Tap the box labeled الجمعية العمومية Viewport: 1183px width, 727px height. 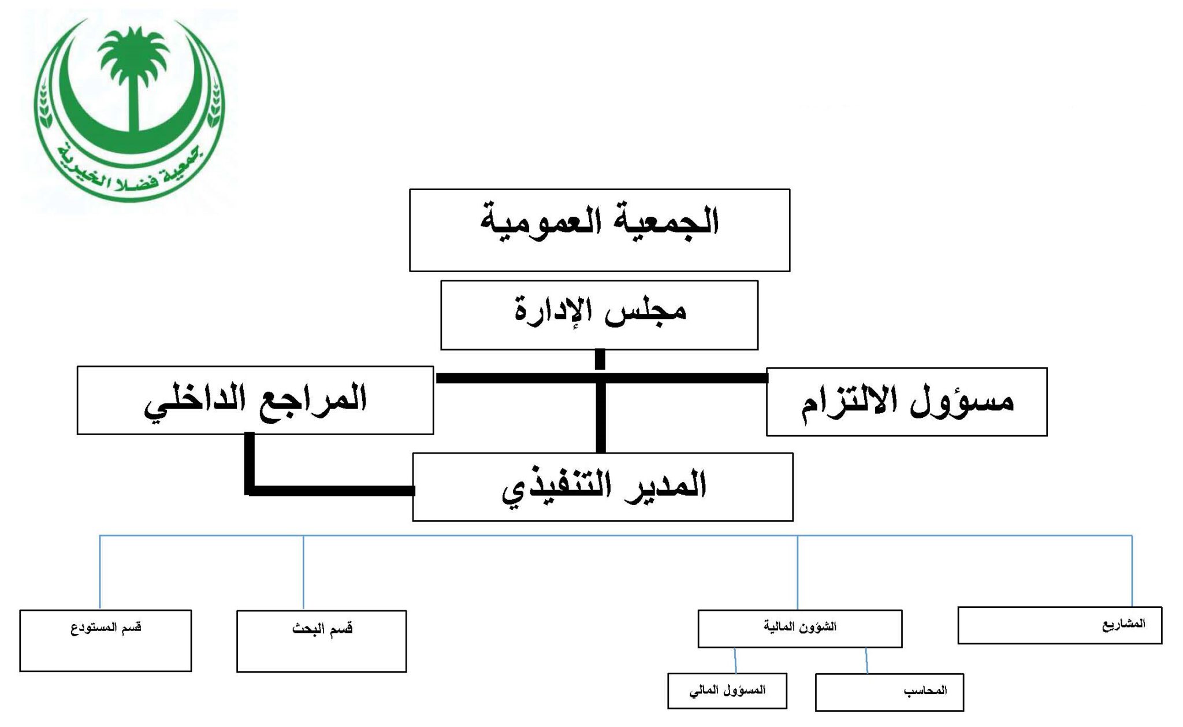pyautogui.click(x=600, y=230)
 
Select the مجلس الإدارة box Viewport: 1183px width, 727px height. pyautogui.click(x=599, y=315)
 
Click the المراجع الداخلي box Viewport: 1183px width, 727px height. pyautogui.click(x=255, y=400)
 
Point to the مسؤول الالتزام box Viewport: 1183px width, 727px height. pyautogui.click(x=906, y=402)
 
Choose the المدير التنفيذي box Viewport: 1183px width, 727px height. pyautogui.click(x=602, y=487)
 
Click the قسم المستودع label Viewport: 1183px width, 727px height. pyautogui.click(x=106, y=628)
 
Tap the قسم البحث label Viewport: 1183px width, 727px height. pyautogui.click(x=322, y=628)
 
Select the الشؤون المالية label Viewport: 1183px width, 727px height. pyautogui.click(x=800, y=626)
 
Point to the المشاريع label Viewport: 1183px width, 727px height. pyautogui.click(x=1124, y=624)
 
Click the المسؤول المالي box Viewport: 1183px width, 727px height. pyautogui.click(x=727, y=691)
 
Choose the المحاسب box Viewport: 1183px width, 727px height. pyautogui.click(x=890, y=692)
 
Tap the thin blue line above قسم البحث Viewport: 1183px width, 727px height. pyautogui.click(x=303, y=573)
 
